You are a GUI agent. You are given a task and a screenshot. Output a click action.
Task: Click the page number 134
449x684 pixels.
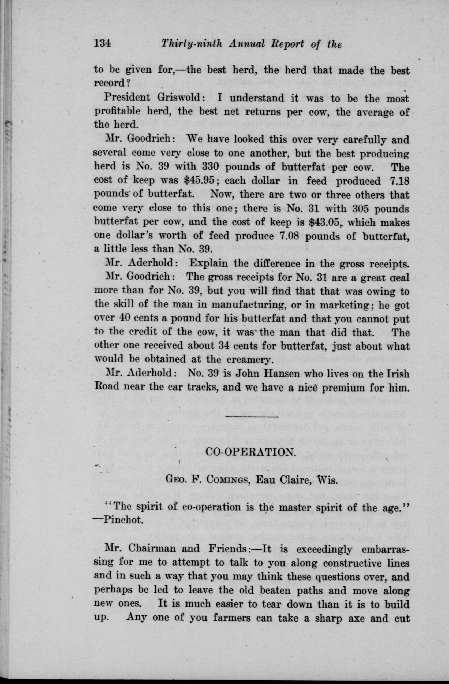(x=102, y=44)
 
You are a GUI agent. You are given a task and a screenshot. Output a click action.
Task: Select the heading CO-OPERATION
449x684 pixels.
(x=251, y=452)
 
